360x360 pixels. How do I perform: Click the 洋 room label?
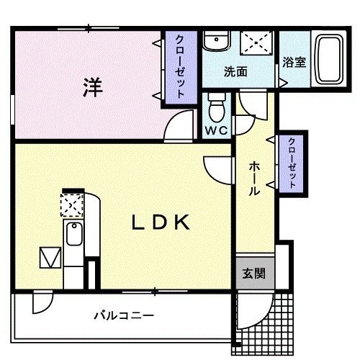[91, 88]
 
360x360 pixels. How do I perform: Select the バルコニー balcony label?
[123, 315]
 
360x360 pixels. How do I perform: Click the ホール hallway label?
[254, 177]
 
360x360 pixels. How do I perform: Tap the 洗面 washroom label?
[235, 72]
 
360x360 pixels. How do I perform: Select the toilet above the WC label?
[215, 109]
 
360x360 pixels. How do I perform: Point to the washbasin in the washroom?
[214, 41]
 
